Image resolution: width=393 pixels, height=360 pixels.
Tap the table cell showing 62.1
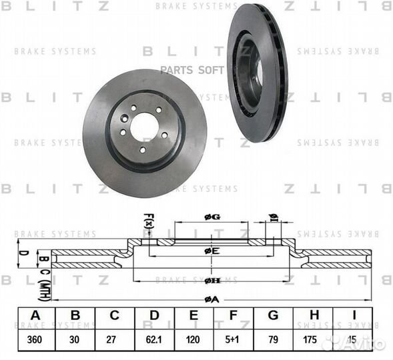[155, 338]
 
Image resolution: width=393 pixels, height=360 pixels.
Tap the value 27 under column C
[115, 338]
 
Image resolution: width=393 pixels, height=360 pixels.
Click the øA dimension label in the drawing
[212, 299]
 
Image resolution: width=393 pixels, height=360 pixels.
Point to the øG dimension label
[212, 216]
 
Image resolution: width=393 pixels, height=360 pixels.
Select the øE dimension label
[212, 250]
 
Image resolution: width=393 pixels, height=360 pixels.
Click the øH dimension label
[212, 281]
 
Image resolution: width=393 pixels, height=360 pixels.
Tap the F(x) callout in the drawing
[148, 221]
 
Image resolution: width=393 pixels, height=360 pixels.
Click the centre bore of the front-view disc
[144, 126]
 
